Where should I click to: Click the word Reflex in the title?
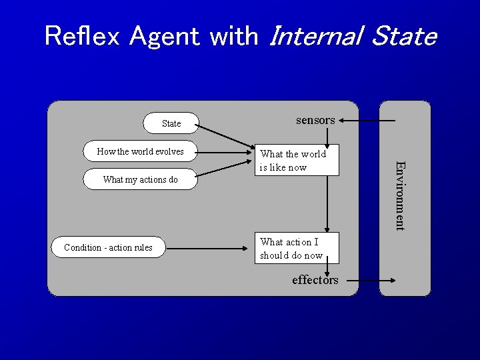83,36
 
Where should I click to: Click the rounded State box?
171,123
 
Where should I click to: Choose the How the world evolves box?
141,151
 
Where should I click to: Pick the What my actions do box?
141,179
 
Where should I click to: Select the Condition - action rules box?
109,247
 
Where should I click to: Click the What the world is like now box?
299,160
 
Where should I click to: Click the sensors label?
315,120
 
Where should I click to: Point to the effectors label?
315,280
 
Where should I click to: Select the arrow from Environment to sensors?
367,121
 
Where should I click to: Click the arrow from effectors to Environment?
373,281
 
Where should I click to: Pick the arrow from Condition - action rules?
207,248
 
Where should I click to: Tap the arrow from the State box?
227,135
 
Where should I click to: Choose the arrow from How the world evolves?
227,153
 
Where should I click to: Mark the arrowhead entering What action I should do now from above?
327,228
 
